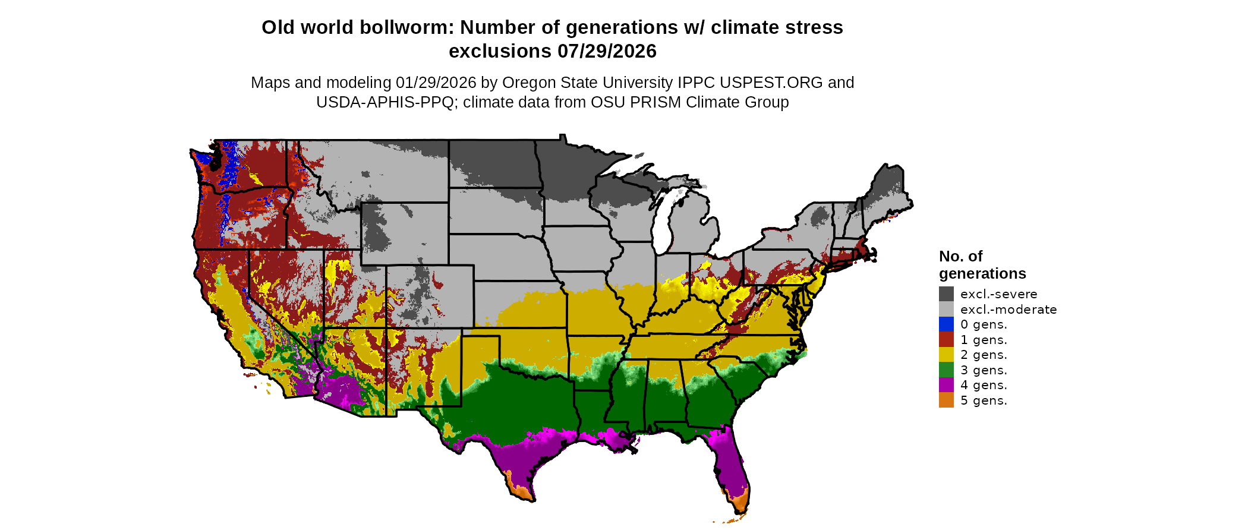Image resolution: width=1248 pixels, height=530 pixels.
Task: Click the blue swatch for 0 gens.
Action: pyautogui.click(x=946, y=324)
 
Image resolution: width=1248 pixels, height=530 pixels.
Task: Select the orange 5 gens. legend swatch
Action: pyautogui.click(x=946, y=400)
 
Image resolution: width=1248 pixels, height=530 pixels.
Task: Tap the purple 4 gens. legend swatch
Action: pyautogui.click(x=946, y=385)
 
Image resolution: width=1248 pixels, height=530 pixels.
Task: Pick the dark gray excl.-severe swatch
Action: pyautogui.click(x=946, y=294)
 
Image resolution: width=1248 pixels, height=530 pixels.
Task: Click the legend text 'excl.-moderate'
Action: pyautogui.click(x=1008, y=310)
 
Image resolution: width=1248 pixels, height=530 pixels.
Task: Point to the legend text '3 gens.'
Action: pyautogui.click(x=984, y=370)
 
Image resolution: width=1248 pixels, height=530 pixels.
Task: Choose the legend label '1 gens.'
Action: pyautogui.click(x=984, y=340)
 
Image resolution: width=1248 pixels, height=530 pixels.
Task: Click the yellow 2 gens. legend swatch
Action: pyautogui.click(x=946, y=355)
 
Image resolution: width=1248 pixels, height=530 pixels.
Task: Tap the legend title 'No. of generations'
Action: pyautogui.click(x=982, y=265)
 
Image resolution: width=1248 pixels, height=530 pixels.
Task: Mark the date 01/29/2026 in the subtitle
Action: pyautogui.click(x=436, y=83)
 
